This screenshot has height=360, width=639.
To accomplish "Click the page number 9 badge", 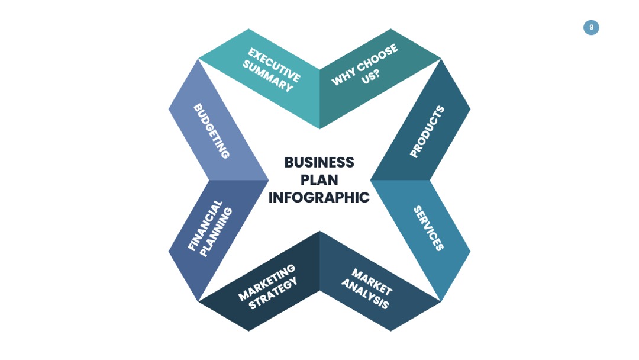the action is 591,27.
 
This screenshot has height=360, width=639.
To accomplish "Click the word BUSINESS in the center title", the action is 319,162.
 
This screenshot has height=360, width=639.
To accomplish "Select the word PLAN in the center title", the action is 319,180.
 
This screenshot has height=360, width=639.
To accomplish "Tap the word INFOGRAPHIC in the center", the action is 319,197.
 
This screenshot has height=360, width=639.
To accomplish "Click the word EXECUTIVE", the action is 275,65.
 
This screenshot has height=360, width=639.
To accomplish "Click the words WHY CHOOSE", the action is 364,65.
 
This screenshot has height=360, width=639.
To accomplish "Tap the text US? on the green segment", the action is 370,76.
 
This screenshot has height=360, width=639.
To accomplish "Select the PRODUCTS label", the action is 427,131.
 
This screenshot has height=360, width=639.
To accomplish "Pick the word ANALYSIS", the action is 365,294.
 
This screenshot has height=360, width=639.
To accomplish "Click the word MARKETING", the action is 266,282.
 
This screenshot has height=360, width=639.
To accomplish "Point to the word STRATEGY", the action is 273,294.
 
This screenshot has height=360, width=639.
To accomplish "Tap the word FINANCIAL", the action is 205,225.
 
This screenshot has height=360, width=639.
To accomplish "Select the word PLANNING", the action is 215,232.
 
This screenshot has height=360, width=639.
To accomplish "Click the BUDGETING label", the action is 211,131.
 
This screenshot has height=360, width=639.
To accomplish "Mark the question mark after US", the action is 376,73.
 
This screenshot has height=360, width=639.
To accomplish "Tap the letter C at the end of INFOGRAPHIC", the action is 364,197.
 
